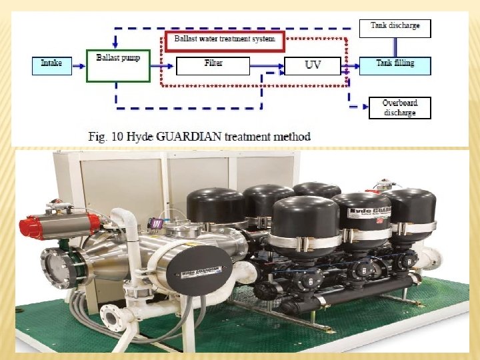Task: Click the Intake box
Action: point(51,64)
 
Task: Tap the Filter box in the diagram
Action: point(213,65)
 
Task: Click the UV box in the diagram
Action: point(313,66)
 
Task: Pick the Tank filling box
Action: point(395,65)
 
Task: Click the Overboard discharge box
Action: point(399,108)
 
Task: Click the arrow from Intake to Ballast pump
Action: point(79,65)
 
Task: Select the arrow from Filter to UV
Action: point(267,66)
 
